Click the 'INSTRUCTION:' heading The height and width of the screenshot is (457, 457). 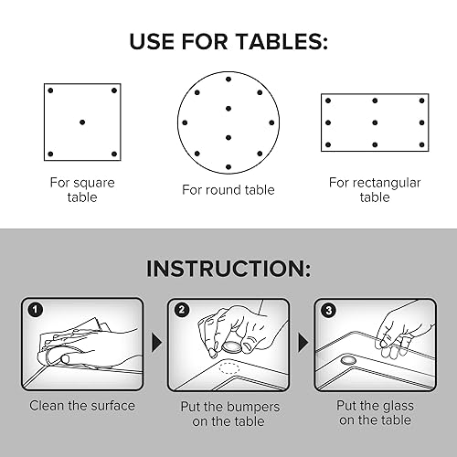click(x=228, y=270)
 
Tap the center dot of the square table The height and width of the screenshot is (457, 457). click(x=82, y=122)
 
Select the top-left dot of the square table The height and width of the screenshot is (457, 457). click(x=51, y=90)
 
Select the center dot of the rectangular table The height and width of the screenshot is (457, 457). click(x=375, y=122)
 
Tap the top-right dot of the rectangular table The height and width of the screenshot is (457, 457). click(x=421, y=100)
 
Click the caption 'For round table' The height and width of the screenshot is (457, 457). click(x=228, y=190)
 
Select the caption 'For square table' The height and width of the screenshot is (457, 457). click(x=82, y=189)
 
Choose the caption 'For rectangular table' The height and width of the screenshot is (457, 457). click(x=375, y=189)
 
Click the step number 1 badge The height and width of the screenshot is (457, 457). click(x=36, y=309)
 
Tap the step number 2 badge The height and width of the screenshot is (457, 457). click(x=182, y=309)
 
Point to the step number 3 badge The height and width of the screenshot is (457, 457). click(x=328, y=309)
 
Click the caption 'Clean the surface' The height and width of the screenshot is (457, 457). click(x=82, y=405)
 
